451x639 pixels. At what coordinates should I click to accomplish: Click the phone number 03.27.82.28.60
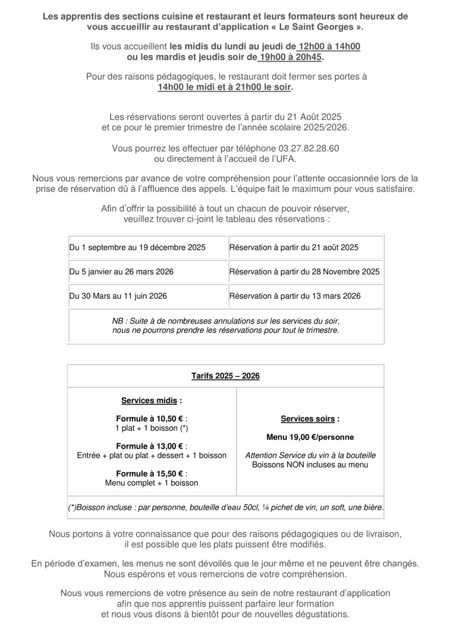tap(309, 148)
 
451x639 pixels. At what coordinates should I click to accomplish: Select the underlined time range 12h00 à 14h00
tap(329, 46)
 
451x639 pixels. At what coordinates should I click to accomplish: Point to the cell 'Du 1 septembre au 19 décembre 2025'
tap(138, 248)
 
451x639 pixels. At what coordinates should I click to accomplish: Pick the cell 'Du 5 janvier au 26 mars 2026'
tap(122, 272)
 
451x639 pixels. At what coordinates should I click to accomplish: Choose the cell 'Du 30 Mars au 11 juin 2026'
tap(118, 296)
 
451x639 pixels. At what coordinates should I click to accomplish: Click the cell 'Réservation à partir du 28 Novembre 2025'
tap(304, 272)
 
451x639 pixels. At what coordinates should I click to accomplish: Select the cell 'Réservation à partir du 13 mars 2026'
tap(295, 296)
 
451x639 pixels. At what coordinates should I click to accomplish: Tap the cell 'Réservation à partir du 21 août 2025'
tap(294, 248)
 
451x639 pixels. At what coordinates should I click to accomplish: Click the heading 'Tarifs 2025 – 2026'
tap(225, 376)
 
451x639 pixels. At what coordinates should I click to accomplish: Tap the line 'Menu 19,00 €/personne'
tap(310, 437)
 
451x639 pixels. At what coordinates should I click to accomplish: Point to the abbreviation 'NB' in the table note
tap(117, 322)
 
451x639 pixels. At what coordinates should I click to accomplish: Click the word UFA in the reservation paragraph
tap(286, 158)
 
